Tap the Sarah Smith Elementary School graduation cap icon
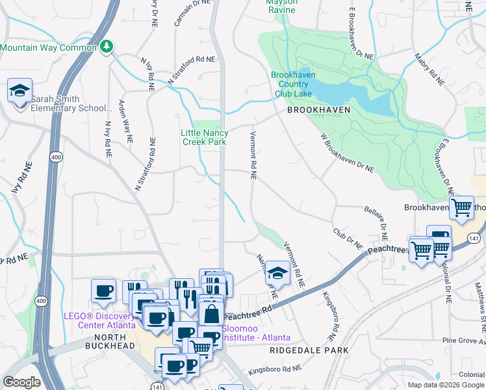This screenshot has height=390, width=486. [20, 91]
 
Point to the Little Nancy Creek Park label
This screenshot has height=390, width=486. [205, 137]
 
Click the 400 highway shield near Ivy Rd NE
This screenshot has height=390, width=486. [55, 157]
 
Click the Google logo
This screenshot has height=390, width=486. [22, 382]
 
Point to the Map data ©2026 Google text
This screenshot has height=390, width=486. [445, 385]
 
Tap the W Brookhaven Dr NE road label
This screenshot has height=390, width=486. [347, 153]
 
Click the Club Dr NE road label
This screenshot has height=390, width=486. [348, 238]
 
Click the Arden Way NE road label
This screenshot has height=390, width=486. [125, 121]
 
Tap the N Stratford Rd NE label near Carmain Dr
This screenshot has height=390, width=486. [191, 70]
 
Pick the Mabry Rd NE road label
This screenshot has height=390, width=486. [429, 72]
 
